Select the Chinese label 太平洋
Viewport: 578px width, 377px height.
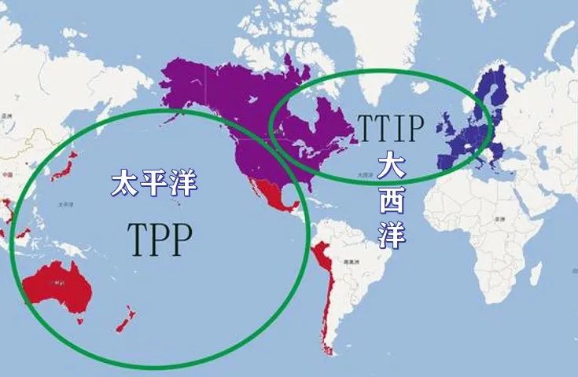point(153,183)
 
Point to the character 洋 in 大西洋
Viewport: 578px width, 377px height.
point(390,233)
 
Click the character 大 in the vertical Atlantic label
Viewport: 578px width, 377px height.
point(391,167)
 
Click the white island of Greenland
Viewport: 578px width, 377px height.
point(370,31)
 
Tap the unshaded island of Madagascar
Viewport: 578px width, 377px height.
point(536,275)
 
